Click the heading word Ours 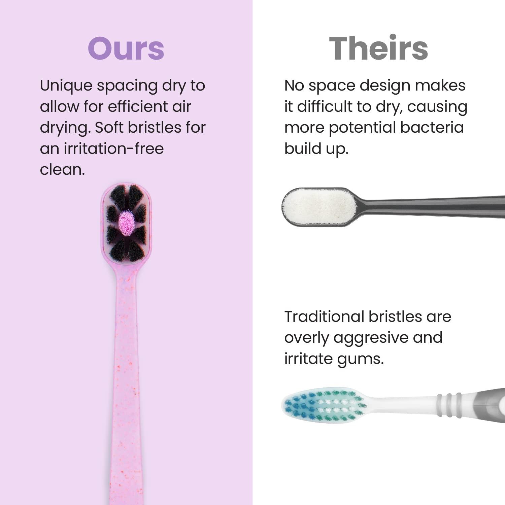point(126,48)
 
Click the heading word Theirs point(378,48)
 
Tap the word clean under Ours point(62,170)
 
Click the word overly point(306,338)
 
